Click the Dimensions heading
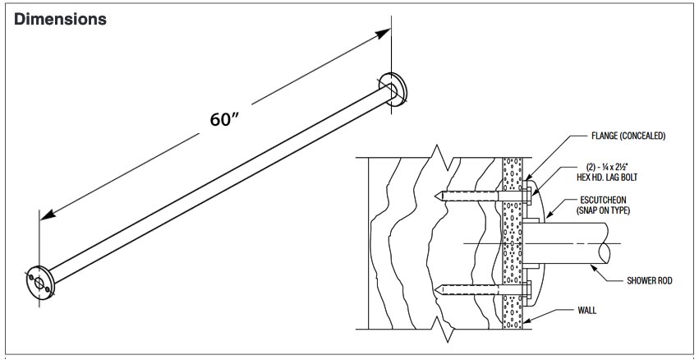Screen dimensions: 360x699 tap(61, 19)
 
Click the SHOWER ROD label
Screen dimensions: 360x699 tap(649, 281)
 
